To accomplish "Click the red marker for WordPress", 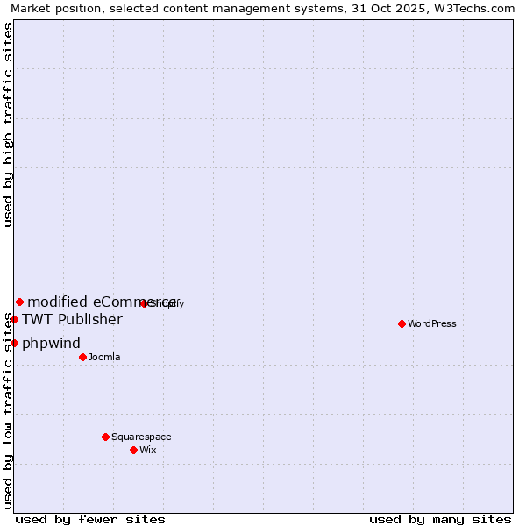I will click(x=402, y=323).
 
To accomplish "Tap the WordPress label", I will click(x=432, y=323).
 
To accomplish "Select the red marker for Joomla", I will click(x=82, y=357).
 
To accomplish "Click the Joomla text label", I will click(x=104, y=357).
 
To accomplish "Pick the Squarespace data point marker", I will click(x=105, y=437).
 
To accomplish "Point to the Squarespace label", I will click(x=141, y=437).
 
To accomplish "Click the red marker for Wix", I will click(x=133, y=450).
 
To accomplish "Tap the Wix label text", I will click(x=148, y=450).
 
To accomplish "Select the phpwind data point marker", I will click(x=14, y=343).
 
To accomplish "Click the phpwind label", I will click(x=51, y=343).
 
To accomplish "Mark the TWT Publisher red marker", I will click(x=14, y=319).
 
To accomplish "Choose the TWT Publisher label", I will click(x=72, y=319).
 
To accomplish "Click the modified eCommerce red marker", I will click(x=19, y=302).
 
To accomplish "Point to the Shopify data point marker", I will click(x=144, y=303).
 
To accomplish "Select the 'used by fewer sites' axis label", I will click(x=90, y=519).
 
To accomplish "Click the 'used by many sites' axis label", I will click(x=440, y=519).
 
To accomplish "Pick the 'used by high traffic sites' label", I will click(x=8, y=124).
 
